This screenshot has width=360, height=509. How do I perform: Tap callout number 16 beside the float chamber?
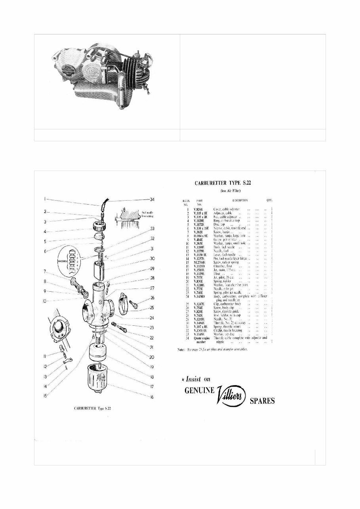[151, 397]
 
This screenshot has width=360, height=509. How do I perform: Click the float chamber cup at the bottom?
[97, 380]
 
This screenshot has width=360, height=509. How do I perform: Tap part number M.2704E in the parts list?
[199, 262]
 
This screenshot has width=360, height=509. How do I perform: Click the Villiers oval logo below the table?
[232, 397]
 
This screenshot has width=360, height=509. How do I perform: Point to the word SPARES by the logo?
[262, 401]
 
